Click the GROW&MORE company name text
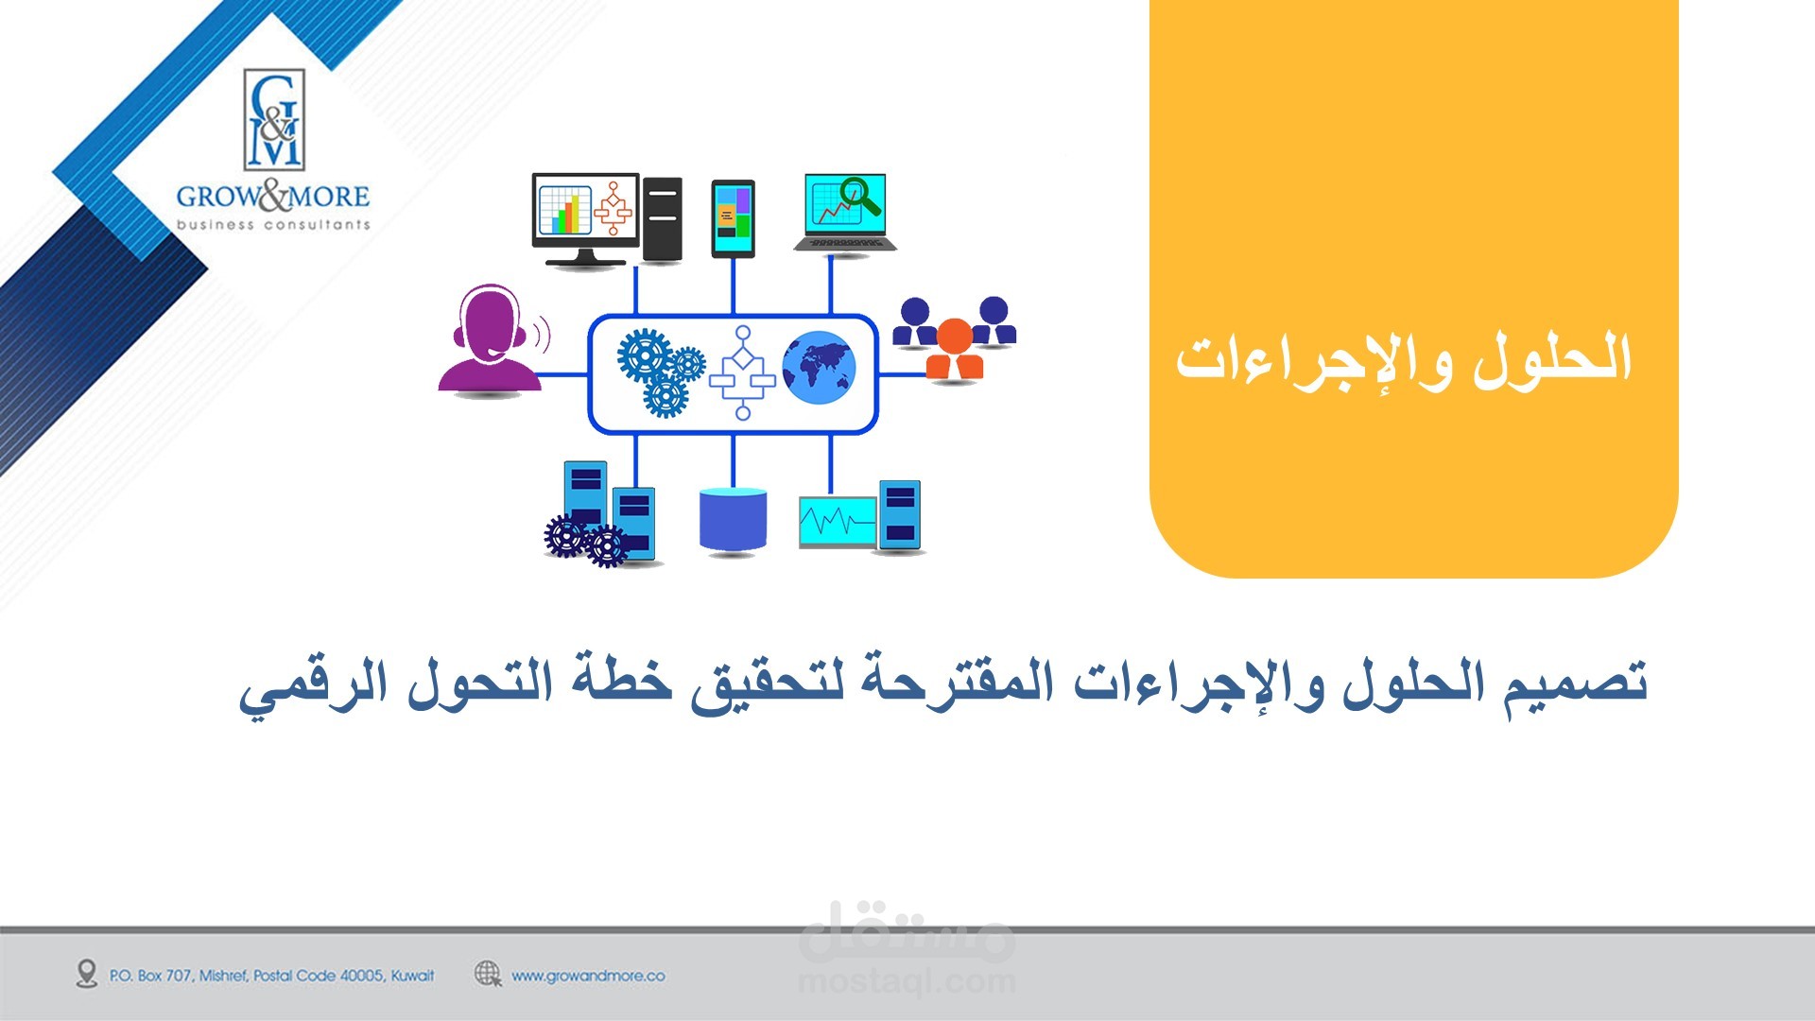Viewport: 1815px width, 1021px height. pos(272,197)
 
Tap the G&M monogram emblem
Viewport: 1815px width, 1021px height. pos(274,120)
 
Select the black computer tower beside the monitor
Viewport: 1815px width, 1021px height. pos(662,219)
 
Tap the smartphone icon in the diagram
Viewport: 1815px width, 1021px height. pos(733,218)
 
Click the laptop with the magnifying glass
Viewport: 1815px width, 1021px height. pos(844,212)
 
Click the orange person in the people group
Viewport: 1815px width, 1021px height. pos(954,349)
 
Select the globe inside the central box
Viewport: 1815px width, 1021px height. pos(819,368)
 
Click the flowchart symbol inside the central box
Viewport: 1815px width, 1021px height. pos(742,372)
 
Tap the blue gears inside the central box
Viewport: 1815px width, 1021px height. pos(661,372)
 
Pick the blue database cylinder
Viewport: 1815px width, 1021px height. pos(733,518)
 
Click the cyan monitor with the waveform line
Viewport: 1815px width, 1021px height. pos(838,521)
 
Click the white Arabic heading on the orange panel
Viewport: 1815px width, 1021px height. pos(1404,362)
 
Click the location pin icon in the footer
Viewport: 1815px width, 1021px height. pos(87,974)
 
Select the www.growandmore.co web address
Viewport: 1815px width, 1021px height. pos(588,976)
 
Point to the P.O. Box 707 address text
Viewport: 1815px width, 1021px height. pos(272,976)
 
